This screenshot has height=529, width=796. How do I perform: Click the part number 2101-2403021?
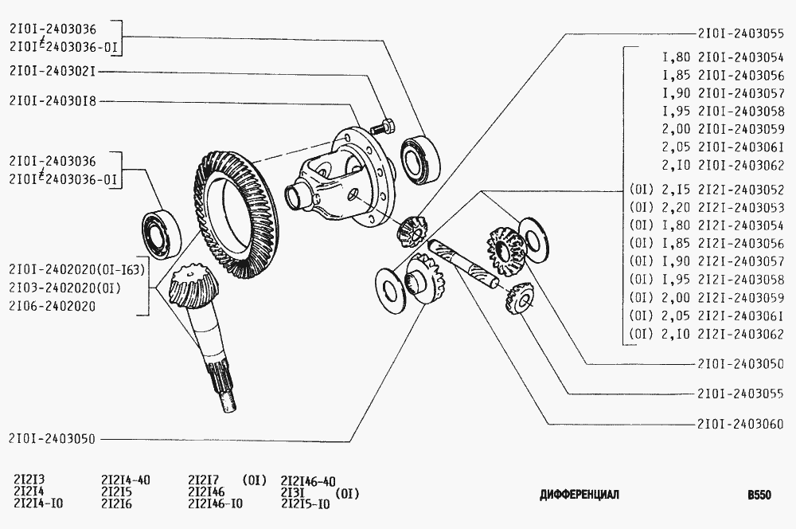(x=53, y=71)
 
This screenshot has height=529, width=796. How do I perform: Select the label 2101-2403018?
(x=53, y=101)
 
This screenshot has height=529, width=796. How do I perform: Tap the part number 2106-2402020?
(x=52, y=306)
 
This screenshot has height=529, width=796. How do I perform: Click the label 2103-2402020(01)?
(x=65, y=288)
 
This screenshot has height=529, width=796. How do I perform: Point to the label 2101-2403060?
(x=740, y=424)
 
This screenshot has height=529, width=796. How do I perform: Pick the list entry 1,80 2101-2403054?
(x=724, y=57)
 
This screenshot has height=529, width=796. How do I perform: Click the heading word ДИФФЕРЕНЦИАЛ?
(x=579, y=495)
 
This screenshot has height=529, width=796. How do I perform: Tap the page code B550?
(x=759, y=495)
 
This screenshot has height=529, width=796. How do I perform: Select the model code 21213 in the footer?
(x=29, y=480)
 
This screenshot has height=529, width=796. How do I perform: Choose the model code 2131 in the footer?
(x=292, y=493)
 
